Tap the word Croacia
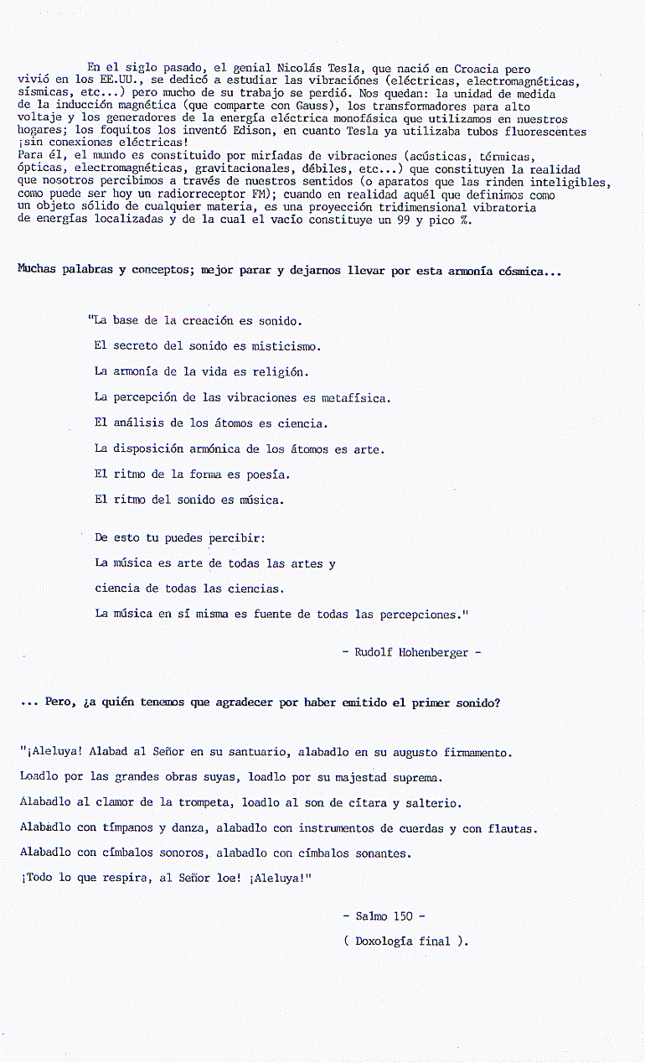(x=474, y=68)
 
